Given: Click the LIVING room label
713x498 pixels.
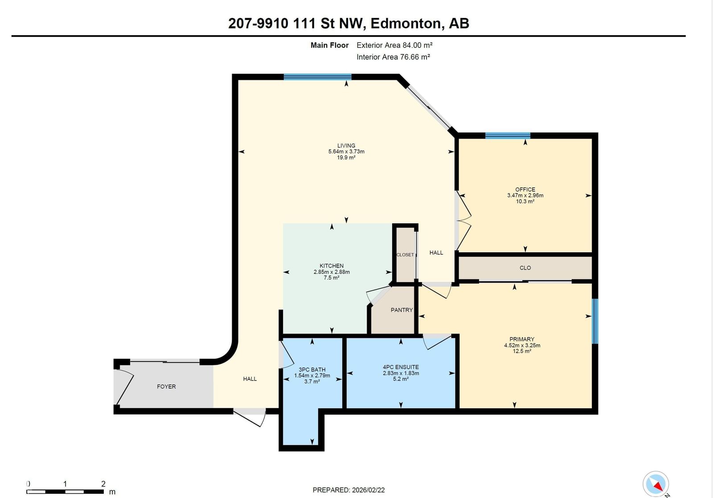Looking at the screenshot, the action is pyautogui.click(x=346, y=145).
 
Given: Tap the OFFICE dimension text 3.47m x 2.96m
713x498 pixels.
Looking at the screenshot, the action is pyautogui.click(x=525, y=195).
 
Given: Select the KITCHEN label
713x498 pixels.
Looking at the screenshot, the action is pyautogui.click(x=332, y=266).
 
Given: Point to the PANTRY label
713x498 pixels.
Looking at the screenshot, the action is pyautogui.click(x=402, y=310).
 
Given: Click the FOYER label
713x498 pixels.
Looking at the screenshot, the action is pyautogui.click(x=166, y=387).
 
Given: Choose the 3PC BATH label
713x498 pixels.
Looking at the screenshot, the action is pyautogui.click(x=312, y=370).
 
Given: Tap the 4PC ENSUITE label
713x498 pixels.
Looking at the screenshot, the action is pyautogui.click(x=401, y=367).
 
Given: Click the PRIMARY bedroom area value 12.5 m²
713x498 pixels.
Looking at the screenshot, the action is pyautogui.click(x=522, y=351).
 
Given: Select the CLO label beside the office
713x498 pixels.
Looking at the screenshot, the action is pyautogui.click(x=525, y=268).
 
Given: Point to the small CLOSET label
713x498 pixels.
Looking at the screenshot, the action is pyautogui.click(x=405, y=255).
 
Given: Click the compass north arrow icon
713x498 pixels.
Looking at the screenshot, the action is pyautogui.click(x=656, y=484).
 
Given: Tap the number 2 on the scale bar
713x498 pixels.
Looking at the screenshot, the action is pyautogui.click(x=103, y=484).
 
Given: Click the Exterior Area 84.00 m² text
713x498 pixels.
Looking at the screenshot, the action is pyautogui.click(x=394, y=45).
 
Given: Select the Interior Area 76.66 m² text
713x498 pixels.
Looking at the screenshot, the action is pyautogui.click(x=393, y=57).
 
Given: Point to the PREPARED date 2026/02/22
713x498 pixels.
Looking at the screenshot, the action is pyautogui.click(x=368, y=490).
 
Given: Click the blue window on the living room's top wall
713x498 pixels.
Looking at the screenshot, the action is pyautogui.click(x=318, y=77).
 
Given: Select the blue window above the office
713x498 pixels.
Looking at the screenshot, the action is pyautogui.click(x=508, y=136).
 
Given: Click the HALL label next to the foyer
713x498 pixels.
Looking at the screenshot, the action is pyautogui.click(x=250, y=379).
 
